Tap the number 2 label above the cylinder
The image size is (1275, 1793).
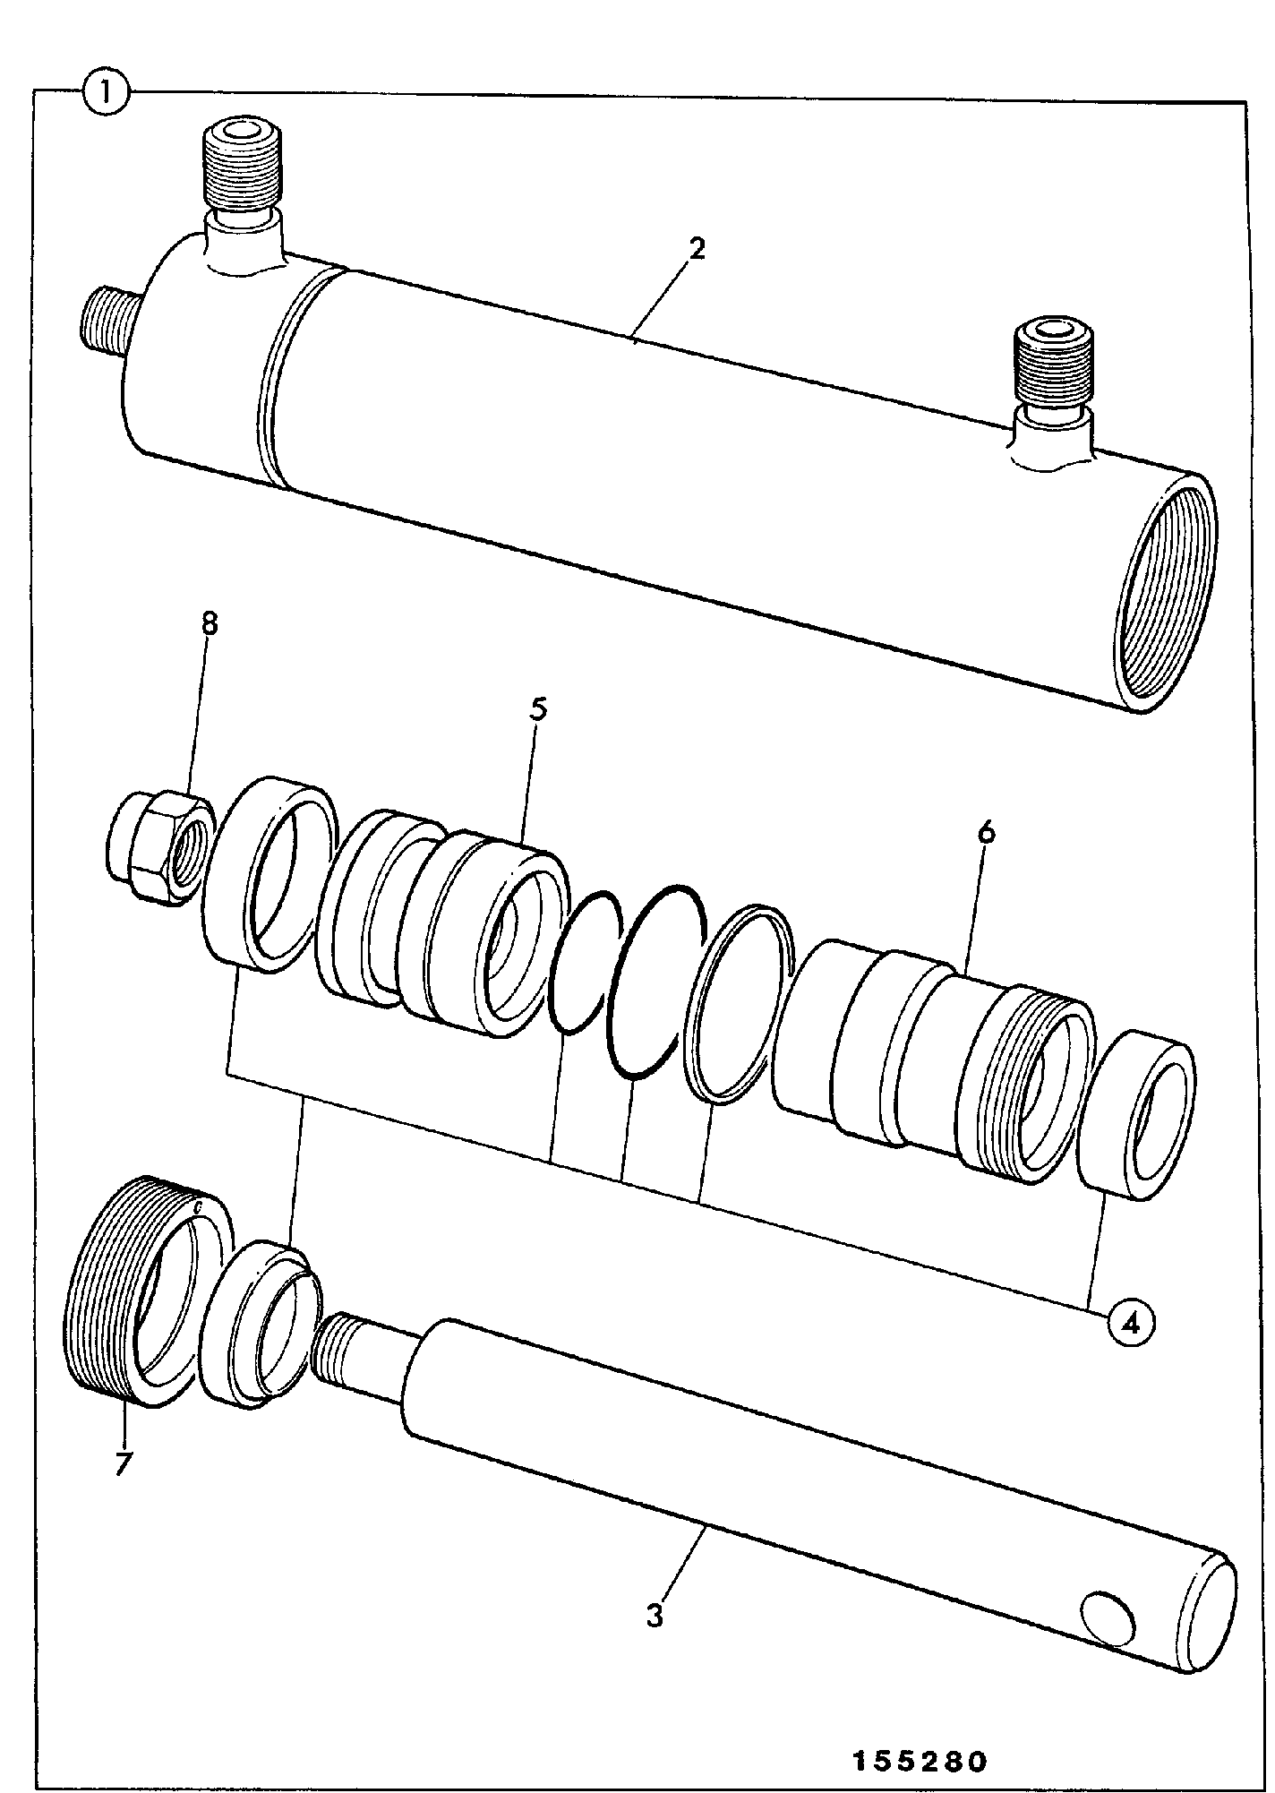point(697,248)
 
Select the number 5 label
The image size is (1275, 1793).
point(537,708)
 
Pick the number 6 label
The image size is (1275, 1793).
point(986,831)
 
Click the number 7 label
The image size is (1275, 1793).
point(123,1463)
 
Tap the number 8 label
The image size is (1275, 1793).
point(209,624)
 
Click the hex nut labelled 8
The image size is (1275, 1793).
point(159,832)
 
